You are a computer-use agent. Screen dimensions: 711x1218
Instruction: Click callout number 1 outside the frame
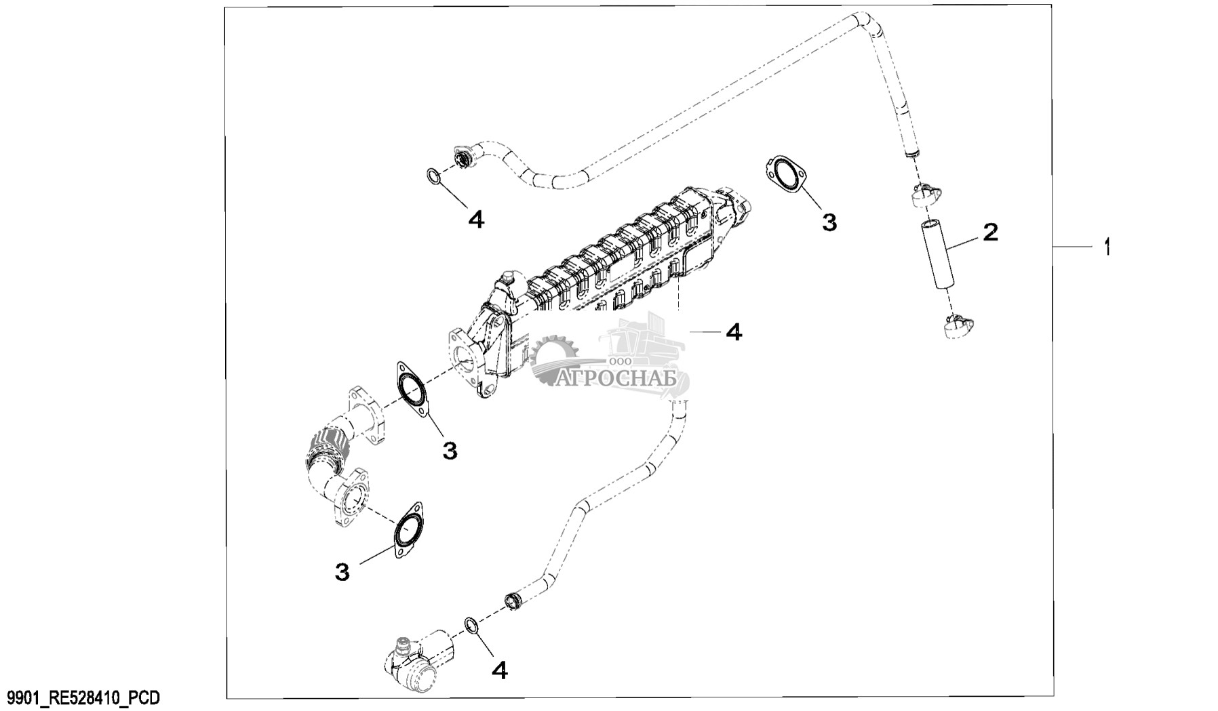tap(1107, 247)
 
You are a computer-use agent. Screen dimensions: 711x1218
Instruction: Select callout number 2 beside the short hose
tap(990, 233)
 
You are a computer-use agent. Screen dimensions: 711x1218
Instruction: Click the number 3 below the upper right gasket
tap(829, 222)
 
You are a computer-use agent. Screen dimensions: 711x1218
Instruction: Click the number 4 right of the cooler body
tap(734, 331)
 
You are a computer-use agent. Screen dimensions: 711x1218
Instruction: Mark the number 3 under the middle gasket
tap(450, 449)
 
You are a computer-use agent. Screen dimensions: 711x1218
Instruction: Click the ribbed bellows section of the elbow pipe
tap(328, 447)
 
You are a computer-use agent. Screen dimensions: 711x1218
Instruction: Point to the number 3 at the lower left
tap(342, 572)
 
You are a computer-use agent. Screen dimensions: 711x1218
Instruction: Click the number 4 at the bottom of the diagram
tap(499, 670)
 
